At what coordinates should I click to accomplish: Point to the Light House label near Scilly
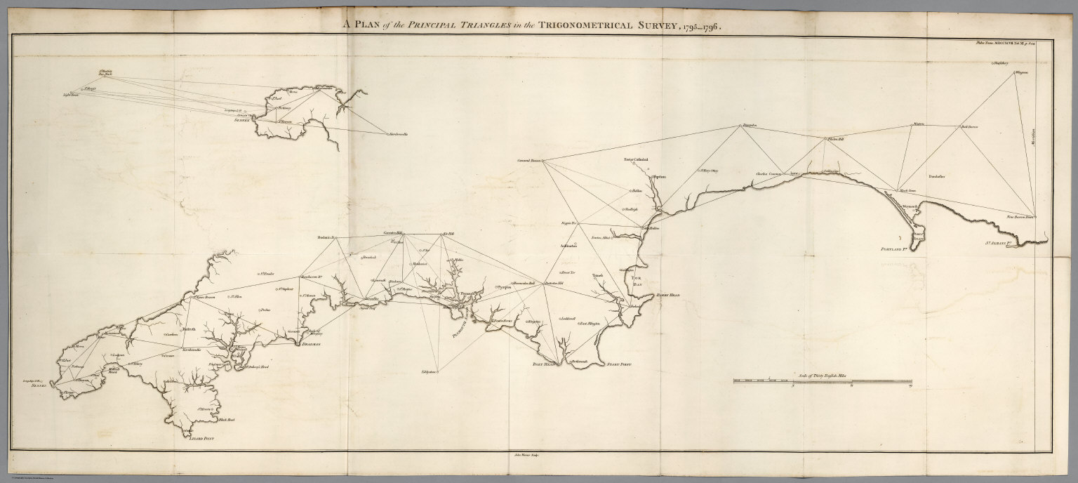tap(71, 93)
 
